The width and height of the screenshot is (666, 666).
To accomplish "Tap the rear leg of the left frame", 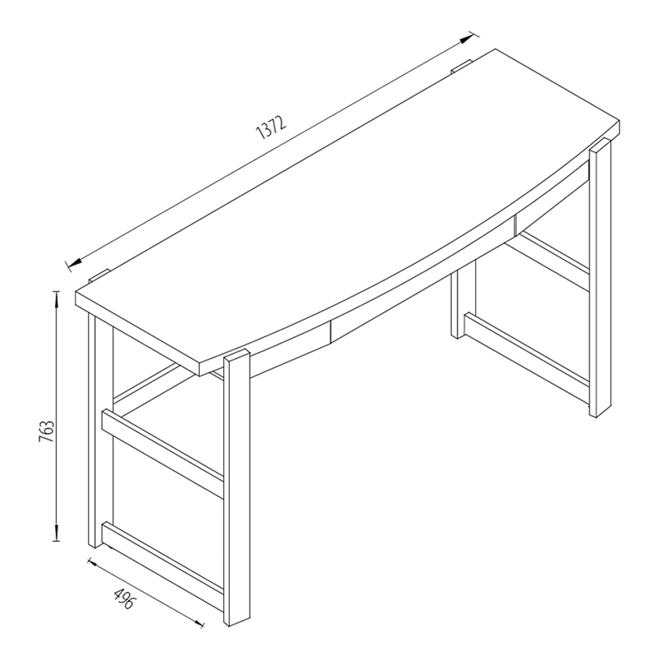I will pyautogui.click(x=99, y=433).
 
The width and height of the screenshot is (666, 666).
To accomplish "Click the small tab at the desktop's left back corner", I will pyautogui.click(x=99, y=274).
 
